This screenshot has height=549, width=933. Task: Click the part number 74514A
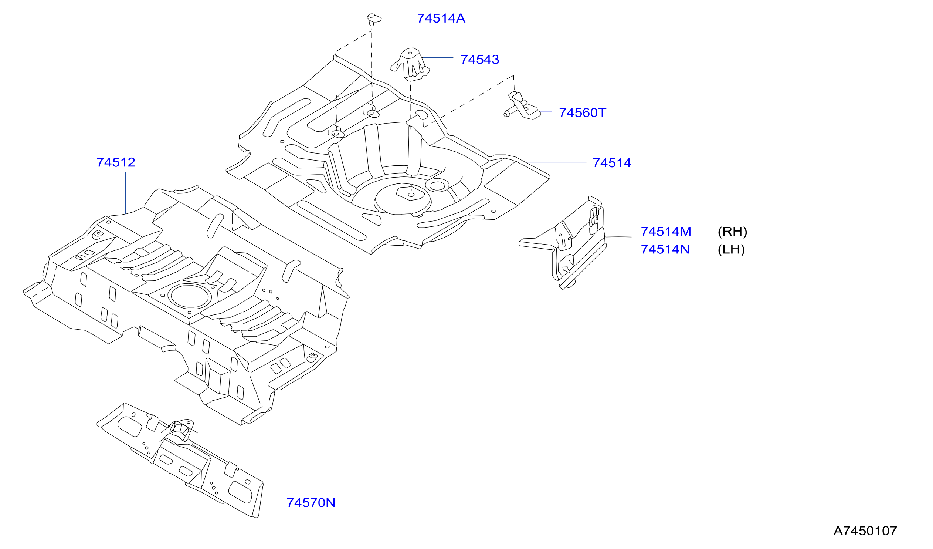pos(441,18)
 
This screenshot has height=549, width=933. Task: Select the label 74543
pos(480,59)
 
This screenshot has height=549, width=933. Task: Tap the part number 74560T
pos(582,112)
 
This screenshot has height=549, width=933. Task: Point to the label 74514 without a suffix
pos(612,163)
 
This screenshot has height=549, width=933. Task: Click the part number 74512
pos(116,162)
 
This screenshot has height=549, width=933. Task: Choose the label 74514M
pos(666,232)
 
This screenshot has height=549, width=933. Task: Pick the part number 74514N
pos(665,249)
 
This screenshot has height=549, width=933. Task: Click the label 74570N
pos(311,503)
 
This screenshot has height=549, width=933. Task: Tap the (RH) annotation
pos(732,232)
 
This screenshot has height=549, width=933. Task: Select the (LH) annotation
pos(731,249)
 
